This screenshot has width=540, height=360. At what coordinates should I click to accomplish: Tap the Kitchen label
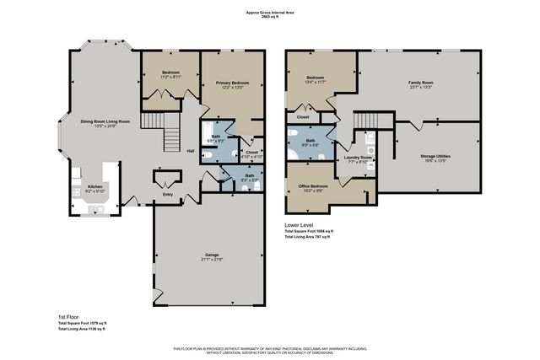click(95, 186)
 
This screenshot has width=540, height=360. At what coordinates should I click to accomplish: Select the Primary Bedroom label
click(231, 83)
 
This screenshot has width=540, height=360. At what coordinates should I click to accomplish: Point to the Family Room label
click(420, 83)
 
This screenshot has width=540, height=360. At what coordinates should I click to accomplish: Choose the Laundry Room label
click(359, 158)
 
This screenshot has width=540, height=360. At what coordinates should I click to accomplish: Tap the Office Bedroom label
click(312, 185)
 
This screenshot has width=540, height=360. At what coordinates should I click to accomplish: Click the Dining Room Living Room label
click(105, 122)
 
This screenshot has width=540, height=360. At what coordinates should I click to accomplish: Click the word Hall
click(191, 152)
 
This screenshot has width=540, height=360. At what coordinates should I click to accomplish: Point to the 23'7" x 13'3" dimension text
click(420, 88)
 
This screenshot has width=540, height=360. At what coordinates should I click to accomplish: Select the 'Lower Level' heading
click(302, 224)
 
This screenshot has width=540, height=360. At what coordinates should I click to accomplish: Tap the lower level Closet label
click(302, 116)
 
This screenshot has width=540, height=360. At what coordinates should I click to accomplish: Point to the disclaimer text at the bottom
click(270, 350)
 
